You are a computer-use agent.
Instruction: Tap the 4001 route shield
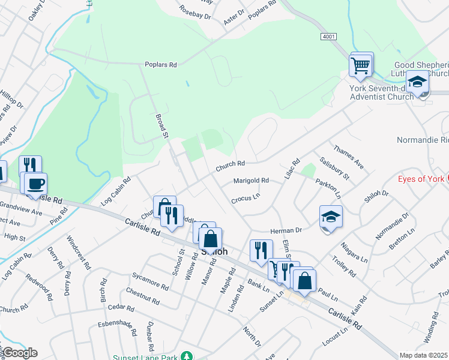[328, 37]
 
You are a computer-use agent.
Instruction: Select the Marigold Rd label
[252, 180]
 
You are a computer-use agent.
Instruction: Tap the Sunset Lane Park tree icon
[188, 356]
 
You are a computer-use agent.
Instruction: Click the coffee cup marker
[36, 184]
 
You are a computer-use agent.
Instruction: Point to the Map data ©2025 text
[423, 355]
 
